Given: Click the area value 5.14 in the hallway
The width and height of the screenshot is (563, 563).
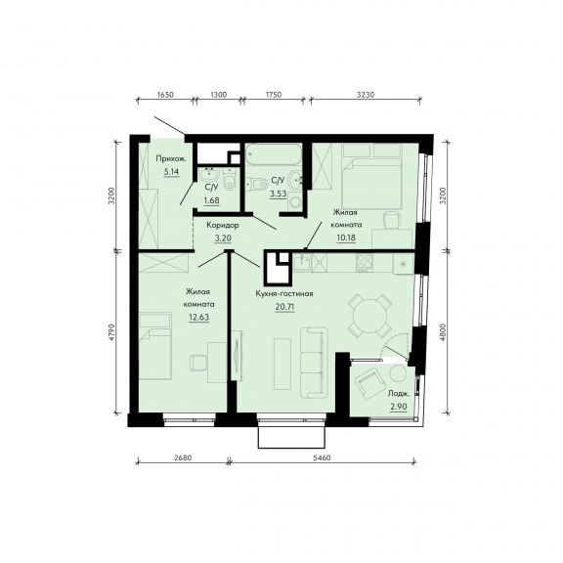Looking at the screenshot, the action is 171,172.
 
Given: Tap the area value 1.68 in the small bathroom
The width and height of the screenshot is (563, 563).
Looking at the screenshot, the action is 211,200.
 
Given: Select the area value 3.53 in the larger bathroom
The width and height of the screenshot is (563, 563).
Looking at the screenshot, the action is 279,194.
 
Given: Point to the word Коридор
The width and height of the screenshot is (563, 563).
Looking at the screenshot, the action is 223,225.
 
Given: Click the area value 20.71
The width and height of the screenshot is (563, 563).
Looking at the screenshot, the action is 284,307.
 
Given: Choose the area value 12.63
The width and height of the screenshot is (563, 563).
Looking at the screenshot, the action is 199,318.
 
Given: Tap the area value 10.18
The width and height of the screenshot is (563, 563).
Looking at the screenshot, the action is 346,238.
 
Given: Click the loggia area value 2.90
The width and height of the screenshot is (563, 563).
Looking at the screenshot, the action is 399,407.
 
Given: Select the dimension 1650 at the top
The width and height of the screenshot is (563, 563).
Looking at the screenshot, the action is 165,95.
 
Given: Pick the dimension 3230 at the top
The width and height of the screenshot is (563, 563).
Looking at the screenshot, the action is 366,95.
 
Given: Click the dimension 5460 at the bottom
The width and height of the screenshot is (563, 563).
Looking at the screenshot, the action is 323,457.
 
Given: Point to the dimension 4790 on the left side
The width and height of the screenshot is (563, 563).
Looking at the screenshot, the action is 111,332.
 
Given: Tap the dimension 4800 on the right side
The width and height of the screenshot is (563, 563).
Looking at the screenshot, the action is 443,332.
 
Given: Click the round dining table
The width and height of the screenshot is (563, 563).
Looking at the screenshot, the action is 369,317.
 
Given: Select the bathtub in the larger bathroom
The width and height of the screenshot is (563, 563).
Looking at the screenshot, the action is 274,154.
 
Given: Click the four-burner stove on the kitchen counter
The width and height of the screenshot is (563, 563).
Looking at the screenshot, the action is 364,263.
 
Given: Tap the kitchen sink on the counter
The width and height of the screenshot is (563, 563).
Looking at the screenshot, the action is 303,262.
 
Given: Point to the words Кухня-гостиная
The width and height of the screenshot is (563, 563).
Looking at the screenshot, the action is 284,293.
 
